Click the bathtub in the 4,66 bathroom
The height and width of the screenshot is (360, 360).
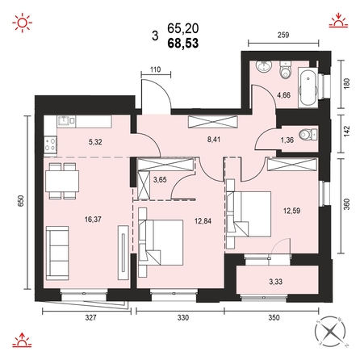pyautogui.click(x=308, y=87)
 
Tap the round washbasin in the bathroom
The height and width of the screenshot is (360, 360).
pyautogui.click(x=264, y=66)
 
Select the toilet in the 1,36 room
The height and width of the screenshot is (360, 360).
pyautogui.click(x=308, y=135)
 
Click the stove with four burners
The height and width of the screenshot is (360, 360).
pyautogui.click(x=50, y=144)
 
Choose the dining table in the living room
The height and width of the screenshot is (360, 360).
pyautogui.click(x=62, y=181)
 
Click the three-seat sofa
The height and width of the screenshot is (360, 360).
pyautogui.click(x=57, y=253)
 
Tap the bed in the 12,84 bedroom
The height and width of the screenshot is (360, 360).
pyautogui.click(x=161, y=242)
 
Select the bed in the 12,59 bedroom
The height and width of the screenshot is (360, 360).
pyautogui.click(x=249, y=214)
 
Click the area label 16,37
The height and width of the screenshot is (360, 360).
pyautogui.click(x=93, y=220)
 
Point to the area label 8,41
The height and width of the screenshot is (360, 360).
pyautogui.click(x=214, y=140)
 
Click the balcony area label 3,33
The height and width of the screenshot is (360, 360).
pyautogui.click(x=276, y=282)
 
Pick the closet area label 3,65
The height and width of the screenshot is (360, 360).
pyautogui.click(x=160, y=180)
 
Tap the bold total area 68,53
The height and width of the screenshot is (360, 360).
pyautogui.click(x=183, y=43)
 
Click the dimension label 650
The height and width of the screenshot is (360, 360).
pyautogui.click(x=21, y=201)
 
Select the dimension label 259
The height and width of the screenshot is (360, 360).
pyautogui.click(x=283, y=35)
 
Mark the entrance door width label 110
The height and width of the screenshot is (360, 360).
pyautogui.click(x=156, y=69)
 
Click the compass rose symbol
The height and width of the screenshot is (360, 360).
pyautogui.click(x=330, y=332)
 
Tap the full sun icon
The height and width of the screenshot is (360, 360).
pyautogui.click(x=22, y=23)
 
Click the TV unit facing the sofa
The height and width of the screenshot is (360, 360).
pyautogui.click(x=123, y=253)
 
